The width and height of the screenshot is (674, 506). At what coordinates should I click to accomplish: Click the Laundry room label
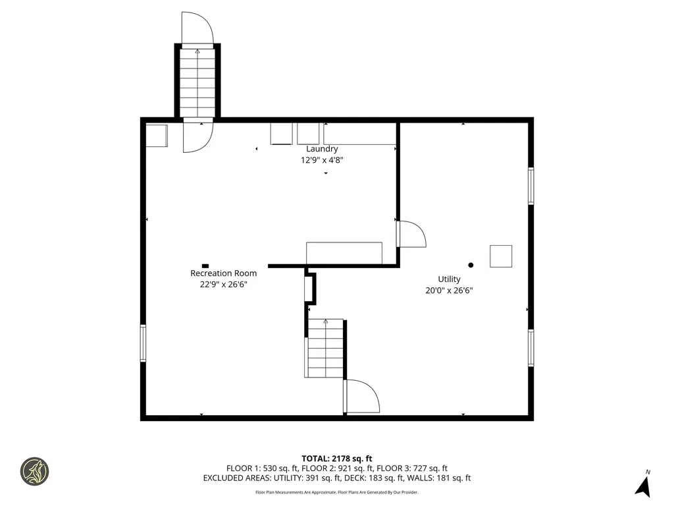click(322, 149)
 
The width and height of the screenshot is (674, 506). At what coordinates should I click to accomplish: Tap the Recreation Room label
click(224, 273)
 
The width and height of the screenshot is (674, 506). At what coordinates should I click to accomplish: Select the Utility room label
click(450, 279)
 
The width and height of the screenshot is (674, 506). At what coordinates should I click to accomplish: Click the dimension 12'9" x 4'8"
click(322, 159)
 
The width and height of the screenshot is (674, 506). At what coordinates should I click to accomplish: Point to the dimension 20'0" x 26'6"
click(450, 290)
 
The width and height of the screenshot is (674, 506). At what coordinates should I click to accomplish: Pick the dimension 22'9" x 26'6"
click(224, 284)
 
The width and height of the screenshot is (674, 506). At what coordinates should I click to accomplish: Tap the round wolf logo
click(34, 471)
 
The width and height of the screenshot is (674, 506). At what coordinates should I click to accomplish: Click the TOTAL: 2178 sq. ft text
click(337, 459)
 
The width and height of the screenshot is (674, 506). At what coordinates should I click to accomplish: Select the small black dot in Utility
click(471, 265)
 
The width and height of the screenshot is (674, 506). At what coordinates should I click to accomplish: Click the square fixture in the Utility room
click(501, 256)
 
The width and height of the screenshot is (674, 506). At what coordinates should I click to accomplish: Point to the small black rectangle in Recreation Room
click(205, 266)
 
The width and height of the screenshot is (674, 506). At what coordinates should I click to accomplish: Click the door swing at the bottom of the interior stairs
click(361, 397)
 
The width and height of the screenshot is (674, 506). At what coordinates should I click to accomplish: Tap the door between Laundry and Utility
click(411, 235)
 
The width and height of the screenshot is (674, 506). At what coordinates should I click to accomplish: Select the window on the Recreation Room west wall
click(143, 343)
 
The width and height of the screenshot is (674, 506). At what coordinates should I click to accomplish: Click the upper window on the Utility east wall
click(531, 186)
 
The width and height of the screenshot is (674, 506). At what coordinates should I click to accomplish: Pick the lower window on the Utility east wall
click(531, 347)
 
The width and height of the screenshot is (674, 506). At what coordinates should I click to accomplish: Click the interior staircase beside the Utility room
click(325, 349)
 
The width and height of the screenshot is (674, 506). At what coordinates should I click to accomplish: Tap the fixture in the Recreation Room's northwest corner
click(157, 136)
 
